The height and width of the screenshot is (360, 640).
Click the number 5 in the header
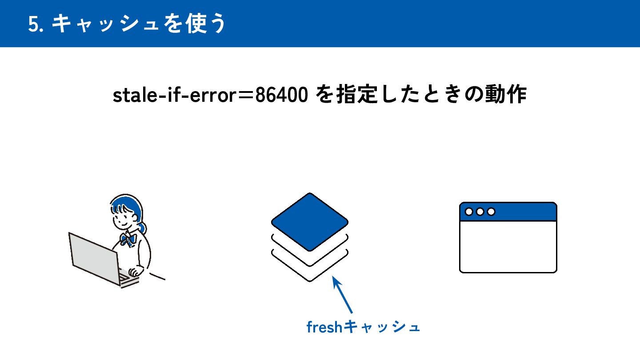[33, 24]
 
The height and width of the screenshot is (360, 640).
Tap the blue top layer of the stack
[310, 221]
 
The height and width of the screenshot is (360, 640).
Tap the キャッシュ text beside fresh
[382, 328]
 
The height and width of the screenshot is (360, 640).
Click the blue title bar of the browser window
[524, 212]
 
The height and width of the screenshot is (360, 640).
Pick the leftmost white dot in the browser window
[469, 212]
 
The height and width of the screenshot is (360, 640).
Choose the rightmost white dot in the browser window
[491, 212]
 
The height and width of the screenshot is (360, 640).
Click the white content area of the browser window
[508, 247]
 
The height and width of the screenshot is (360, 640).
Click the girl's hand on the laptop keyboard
[133, 272]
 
